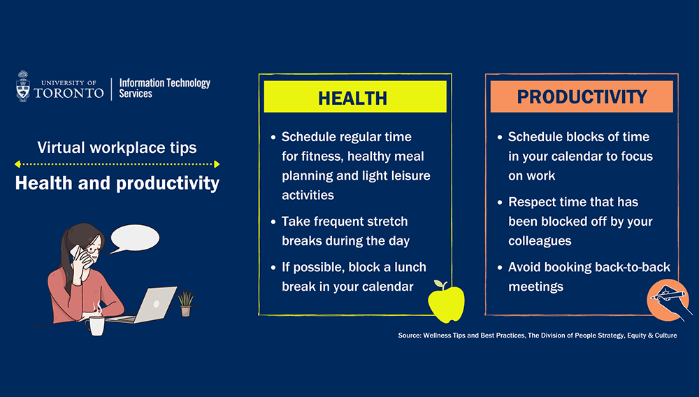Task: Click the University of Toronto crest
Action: click(x=23, y=86)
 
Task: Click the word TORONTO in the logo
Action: click(x=69, y=93)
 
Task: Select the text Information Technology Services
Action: click(x=164, y=88)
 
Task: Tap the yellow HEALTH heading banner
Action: click(x=355, y=96)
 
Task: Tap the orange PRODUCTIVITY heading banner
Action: click(x=582, y=96)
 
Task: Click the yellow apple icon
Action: click(x=446, y=302)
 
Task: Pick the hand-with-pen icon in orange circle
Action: click(x=668, y=301)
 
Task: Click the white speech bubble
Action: click(x=134, y=238)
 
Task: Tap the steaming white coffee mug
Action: click(x=96, y=323)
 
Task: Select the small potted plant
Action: click(x=186, y=303)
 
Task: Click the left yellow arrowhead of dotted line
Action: click(x=17, y=164)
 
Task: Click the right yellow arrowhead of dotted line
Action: click(x=217, y=164)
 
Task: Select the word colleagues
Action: click(x=540, y=241)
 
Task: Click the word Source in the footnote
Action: click(x=409, y=335)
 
